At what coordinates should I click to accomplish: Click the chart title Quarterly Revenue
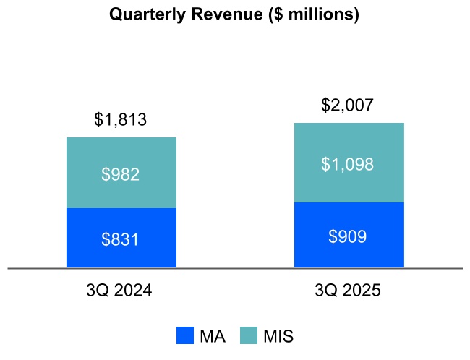(234, 14)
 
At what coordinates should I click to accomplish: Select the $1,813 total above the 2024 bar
(121, 119)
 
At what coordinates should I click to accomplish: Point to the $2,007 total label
(348, 106)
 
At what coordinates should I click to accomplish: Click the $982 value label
(121, 173)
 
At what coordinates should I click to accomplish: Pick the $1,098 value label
(348, 164)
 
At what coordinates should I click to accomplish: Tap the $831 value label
(121, 239)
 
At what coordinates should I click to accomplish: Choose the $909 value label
(348, 236)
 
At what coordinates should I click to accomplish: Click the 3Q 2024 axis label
(119, 291)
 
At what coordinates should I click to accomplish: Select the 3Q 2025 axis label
(348, 291)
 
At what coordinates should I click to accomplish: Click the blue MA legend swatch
(185, 335)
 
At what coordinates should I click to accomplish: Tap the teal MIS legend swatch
(249, 335)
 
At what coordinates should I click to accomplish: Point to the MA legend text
(212, 336)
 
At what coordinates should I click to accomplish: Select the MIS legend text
(278, 336)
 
